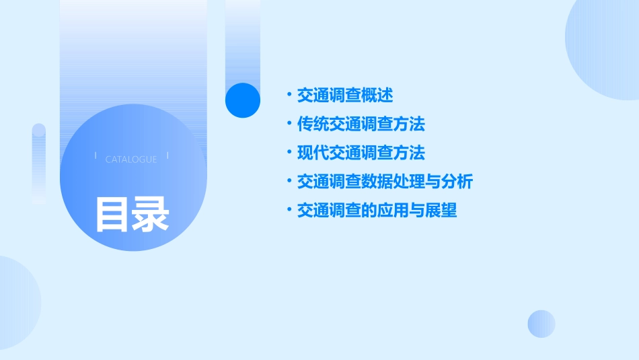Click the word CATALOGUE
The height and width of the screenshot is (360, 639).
pos(131,159)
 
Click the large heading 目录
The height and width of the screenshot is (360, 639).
pos(132,215)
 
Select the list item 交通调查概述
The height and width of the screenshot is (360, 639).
pos(345,95)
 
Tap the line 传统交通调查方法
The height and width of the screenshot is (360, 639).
pos(361,124)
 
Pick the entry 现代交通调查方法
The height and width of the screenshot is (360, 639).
pos(361,153)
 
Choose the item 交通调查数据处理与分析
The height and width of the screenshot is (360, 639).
pos(385,182)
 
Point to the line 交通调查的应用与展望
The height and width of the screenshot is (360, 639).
pos(377,211)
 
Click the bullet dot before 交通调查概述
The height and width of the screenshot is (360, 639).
pos(289,95)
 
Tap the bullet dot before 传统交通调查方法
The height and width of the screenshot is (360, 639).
pos(289,124)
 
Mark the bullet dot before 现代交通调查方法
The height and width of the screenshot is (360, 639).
pos(289,153)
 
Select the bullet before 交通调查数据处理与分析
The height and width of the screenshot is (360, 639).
pos(289,182)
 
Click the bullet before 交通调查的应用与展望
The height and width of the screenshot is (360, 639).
pos(289,211)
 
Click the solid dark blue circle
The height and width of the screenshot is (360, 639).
pos(243,100)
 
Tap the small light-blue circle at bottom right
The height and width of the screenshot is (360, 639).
pos(541,324)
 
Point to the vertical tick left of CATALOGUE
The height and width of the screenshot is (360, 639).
pos(96,156)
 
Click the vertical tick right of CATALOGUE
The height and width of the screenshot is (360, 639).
pos(167,156)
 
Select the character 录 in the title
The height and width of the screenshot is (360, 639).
pos(151,215)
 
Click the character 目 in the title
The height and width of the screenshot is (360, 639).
pos(112,215)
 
